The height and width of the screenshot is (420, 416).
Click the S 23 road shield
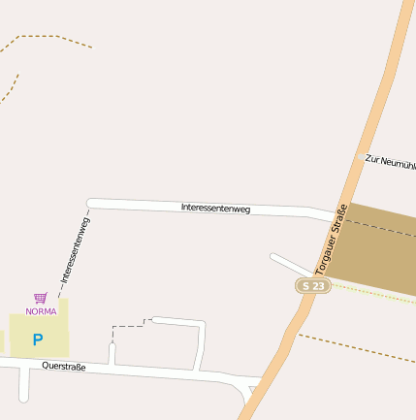pyautogui.click(x=313, y=286)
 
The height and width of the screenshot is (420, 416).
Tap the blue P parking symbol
pyautogui.click(x=38, y=339)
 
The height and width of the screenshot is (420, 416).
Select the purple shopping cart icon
pyautogui.click(x=40, y=298)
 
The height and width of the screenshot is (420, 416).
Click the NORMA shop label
pyautogui.click(x=41, y=311)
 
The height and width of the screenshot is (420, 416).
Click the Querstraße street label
pyautogui.click(x=64, y=367)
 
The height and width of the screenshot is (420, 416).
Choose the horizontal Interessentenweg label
pyautogui.click(x=215, y=208)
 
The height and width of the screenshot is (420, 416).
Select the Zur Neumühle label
pyautogui.click(x=390, y=161)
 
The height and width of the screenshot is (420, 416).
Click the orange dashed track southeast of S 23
pyautogui.click(x=359, y=347)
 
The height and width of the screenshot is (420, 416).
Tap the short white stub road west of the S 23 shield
pyautogui.click(x=289, y=263)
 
